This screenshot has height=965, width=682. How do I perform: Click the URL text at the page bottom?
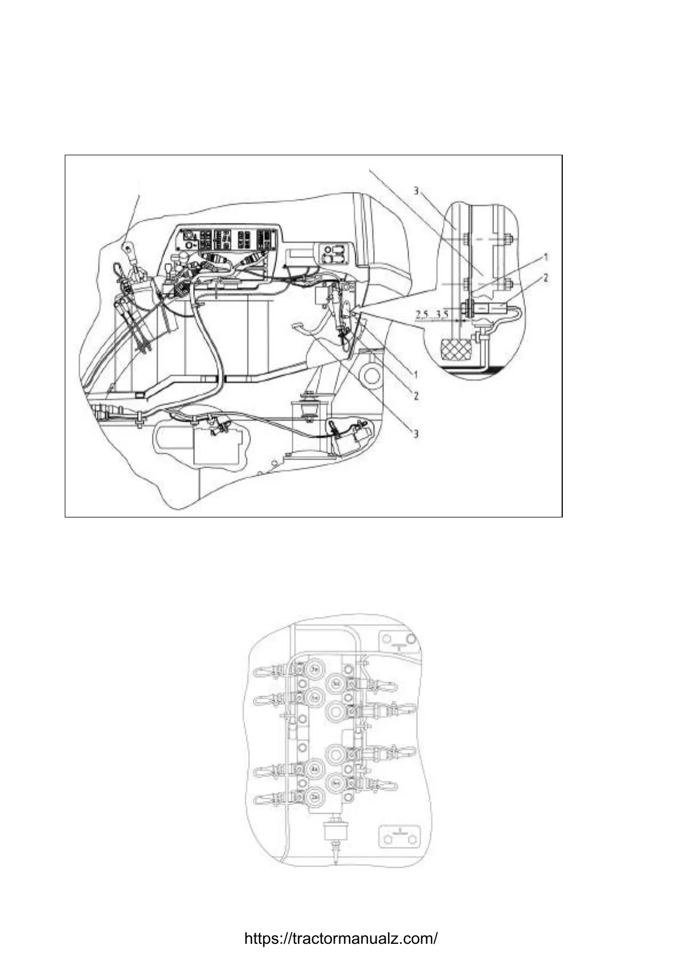341,938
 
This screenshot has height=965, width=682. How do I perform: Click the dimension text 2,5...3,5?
433,314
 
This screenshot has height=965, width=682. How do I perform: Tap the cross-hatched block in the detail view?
456,349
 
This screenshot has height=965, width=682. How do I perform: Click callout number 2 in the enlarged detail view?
546,278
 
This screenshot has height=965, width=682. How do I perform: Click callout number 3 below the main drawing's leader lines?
416,433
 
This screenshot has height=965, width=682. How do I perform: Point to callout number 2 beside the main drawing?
416,396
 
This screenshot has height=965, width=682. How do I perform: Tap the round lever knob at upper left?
127,248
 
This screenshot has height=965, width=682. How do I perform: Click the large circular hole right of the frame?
371,376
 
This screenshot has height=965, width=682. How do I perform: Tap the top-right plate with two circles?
399,640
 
